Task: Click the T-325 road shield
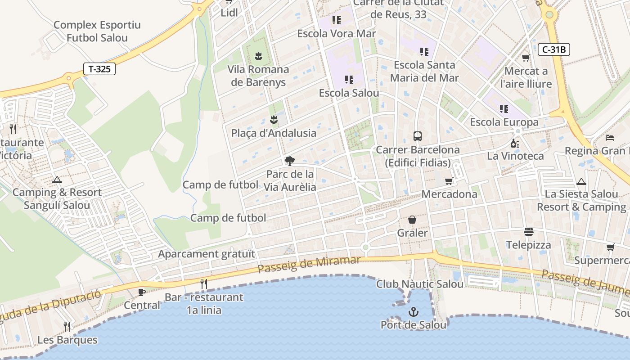tap(99, 69)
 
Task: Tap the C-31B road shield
tap(554, 49)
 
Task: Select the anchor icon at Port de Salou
tap(413, 311)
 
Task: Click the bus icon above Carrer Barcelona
tap(418, 136)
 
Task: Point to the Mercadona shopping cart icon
tap(449, 181)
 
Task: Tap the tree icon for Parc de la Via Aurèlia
tap(290, 161)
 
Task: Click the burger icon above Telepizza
tap(529, 232)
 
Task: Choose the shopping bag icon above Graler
tap(412, 220)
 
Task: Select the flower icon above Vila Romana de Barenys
tap(258, 56)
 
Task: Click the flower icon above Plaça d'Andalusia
tap(273, 120)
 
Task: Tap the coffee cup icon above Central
tap(141, 292)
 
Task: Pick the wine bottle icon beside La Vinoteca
tap(515, 143)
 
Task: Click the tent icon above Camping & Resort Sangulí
tap(57, 180)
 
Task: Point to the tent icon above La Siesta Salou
tap(581, 181)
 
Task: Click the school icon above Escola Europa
tap(504, 108)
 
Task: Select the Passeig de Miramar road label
tap(309, 264)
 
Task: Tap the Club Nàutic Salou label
tap(420, 284)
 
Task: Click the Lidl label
tap(229, 13)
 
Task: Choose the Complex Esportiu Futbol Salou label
tap(97, 31)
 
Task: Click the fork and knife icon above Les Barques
tap(67, 326)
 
